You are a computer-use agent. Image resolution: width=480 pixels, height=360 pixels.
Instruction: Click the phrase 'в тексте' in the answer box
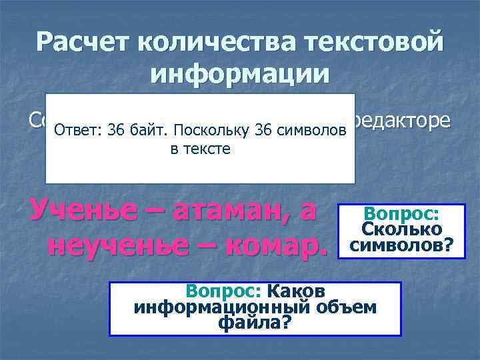pyautogui.click(x=200, y=149)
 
